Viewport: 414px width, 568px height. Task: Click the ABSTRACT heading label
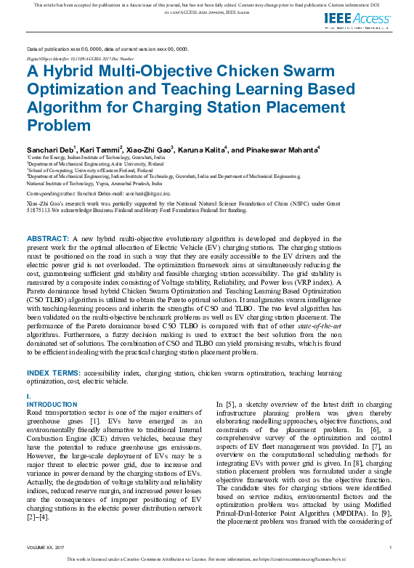[x=48, y=238]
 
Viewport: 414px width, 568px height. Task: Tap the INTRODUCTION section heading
[x=52, y=404]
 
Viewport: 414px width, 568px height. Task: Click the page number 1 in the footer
[x=391, y=546]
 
